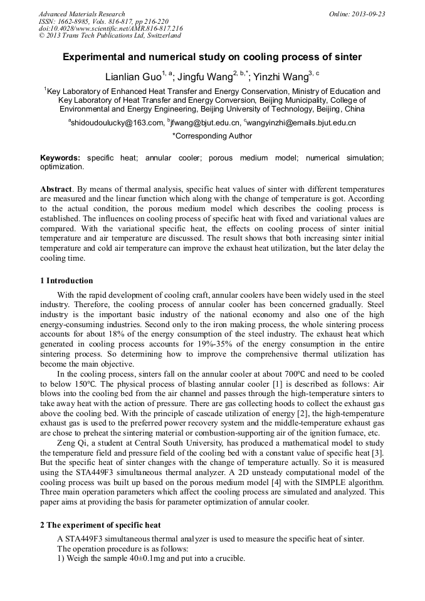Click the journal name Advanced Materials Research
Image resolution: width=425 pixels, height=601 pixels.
81,14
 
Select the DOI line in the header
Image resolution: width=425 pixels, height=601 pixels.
110,29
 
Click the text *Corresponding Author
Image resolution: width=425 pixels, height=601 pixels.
212,135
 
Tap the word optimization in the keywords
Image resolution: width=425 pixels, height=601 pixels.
61,167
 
